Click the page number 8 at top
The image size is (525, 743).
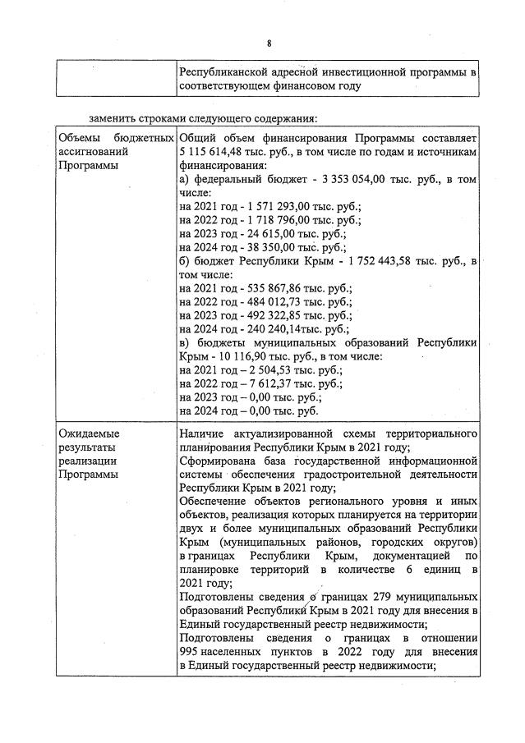point(269,43)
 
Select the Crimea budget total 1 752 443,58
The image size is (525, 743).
point(373,260)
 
